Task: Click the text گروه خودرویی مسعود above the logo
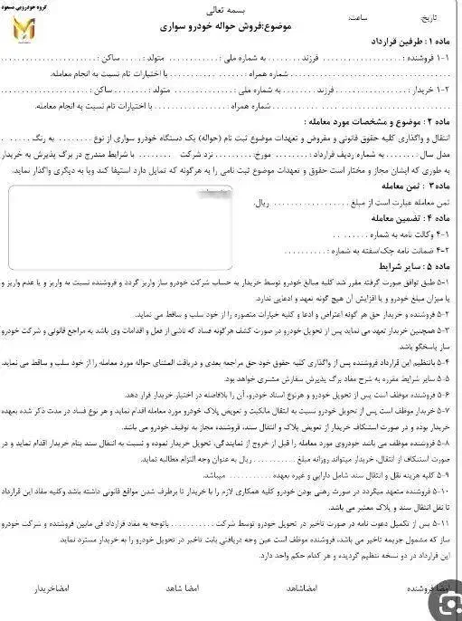coord(26,7)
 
